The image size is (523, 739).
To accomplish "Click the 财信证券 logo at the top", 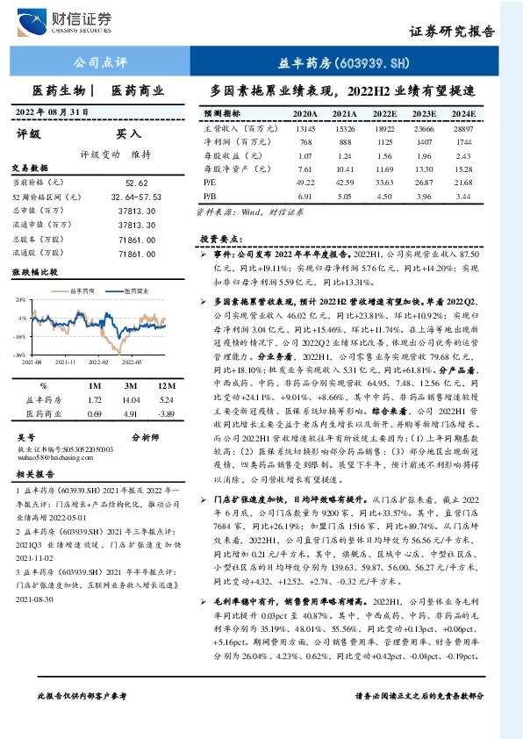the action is tap(75, 19).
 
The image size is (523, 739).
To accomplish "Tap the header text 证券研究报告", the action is tap(452, 31).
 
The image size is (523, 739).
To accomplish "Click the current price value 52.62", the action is tap(136, 183).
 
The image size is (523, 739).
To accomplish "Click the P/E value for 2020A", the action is tap(305, 183).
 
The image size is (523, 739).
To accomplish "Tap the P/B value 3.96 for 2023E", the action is tap(425, 197).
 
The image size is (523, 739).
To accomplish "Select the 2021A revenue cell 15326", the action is tap(344, 128).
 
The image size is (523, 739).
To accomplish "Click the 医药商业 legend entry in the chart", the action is tap(132, 289).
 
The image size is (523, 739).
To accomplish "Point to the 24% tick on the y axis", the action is tap(20, 299).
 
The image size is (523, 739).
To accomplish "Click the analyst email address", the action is tap(49, 457).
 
